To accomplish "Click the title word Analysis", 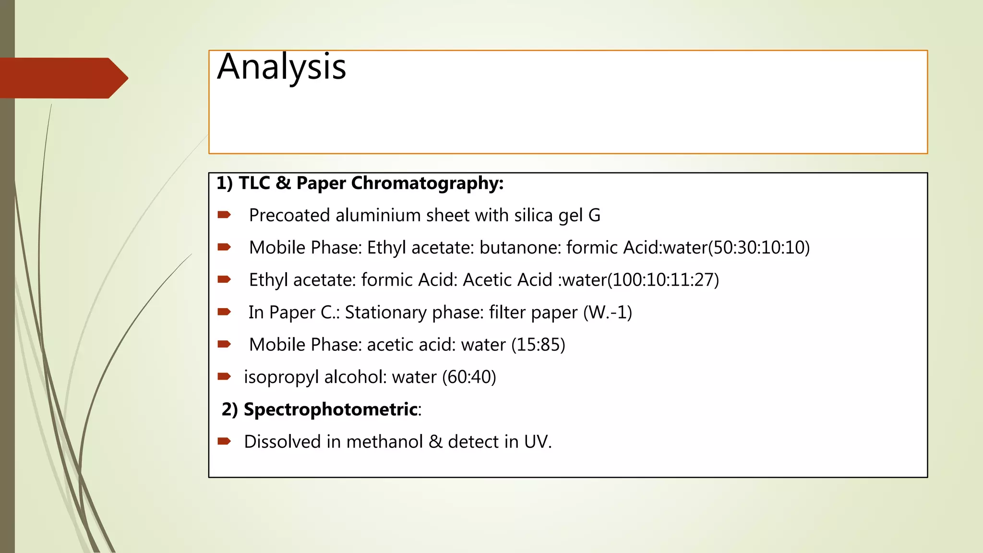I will coord(281,67).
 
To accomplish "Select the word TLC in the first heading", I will coord(254,183).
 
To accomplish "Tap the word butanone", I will coord(520,248).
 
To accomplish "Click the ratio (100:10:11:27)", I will coord(663,280).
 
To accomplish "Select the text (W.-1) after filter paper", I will coord(608,313).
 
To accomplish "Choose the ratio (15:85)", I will coord(538,345).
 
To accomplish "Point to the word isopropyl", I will coord(281,377).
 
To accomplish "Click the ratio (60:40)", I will coord(469,377).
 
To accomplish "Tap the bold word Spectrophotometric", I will coord(331,409).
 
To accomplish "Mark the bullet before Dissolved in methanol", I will coord(224,441).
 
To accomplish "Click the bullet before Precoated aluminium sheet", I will coord(224,215).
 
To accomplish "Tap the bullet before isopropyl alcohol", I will coord(224,376).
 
